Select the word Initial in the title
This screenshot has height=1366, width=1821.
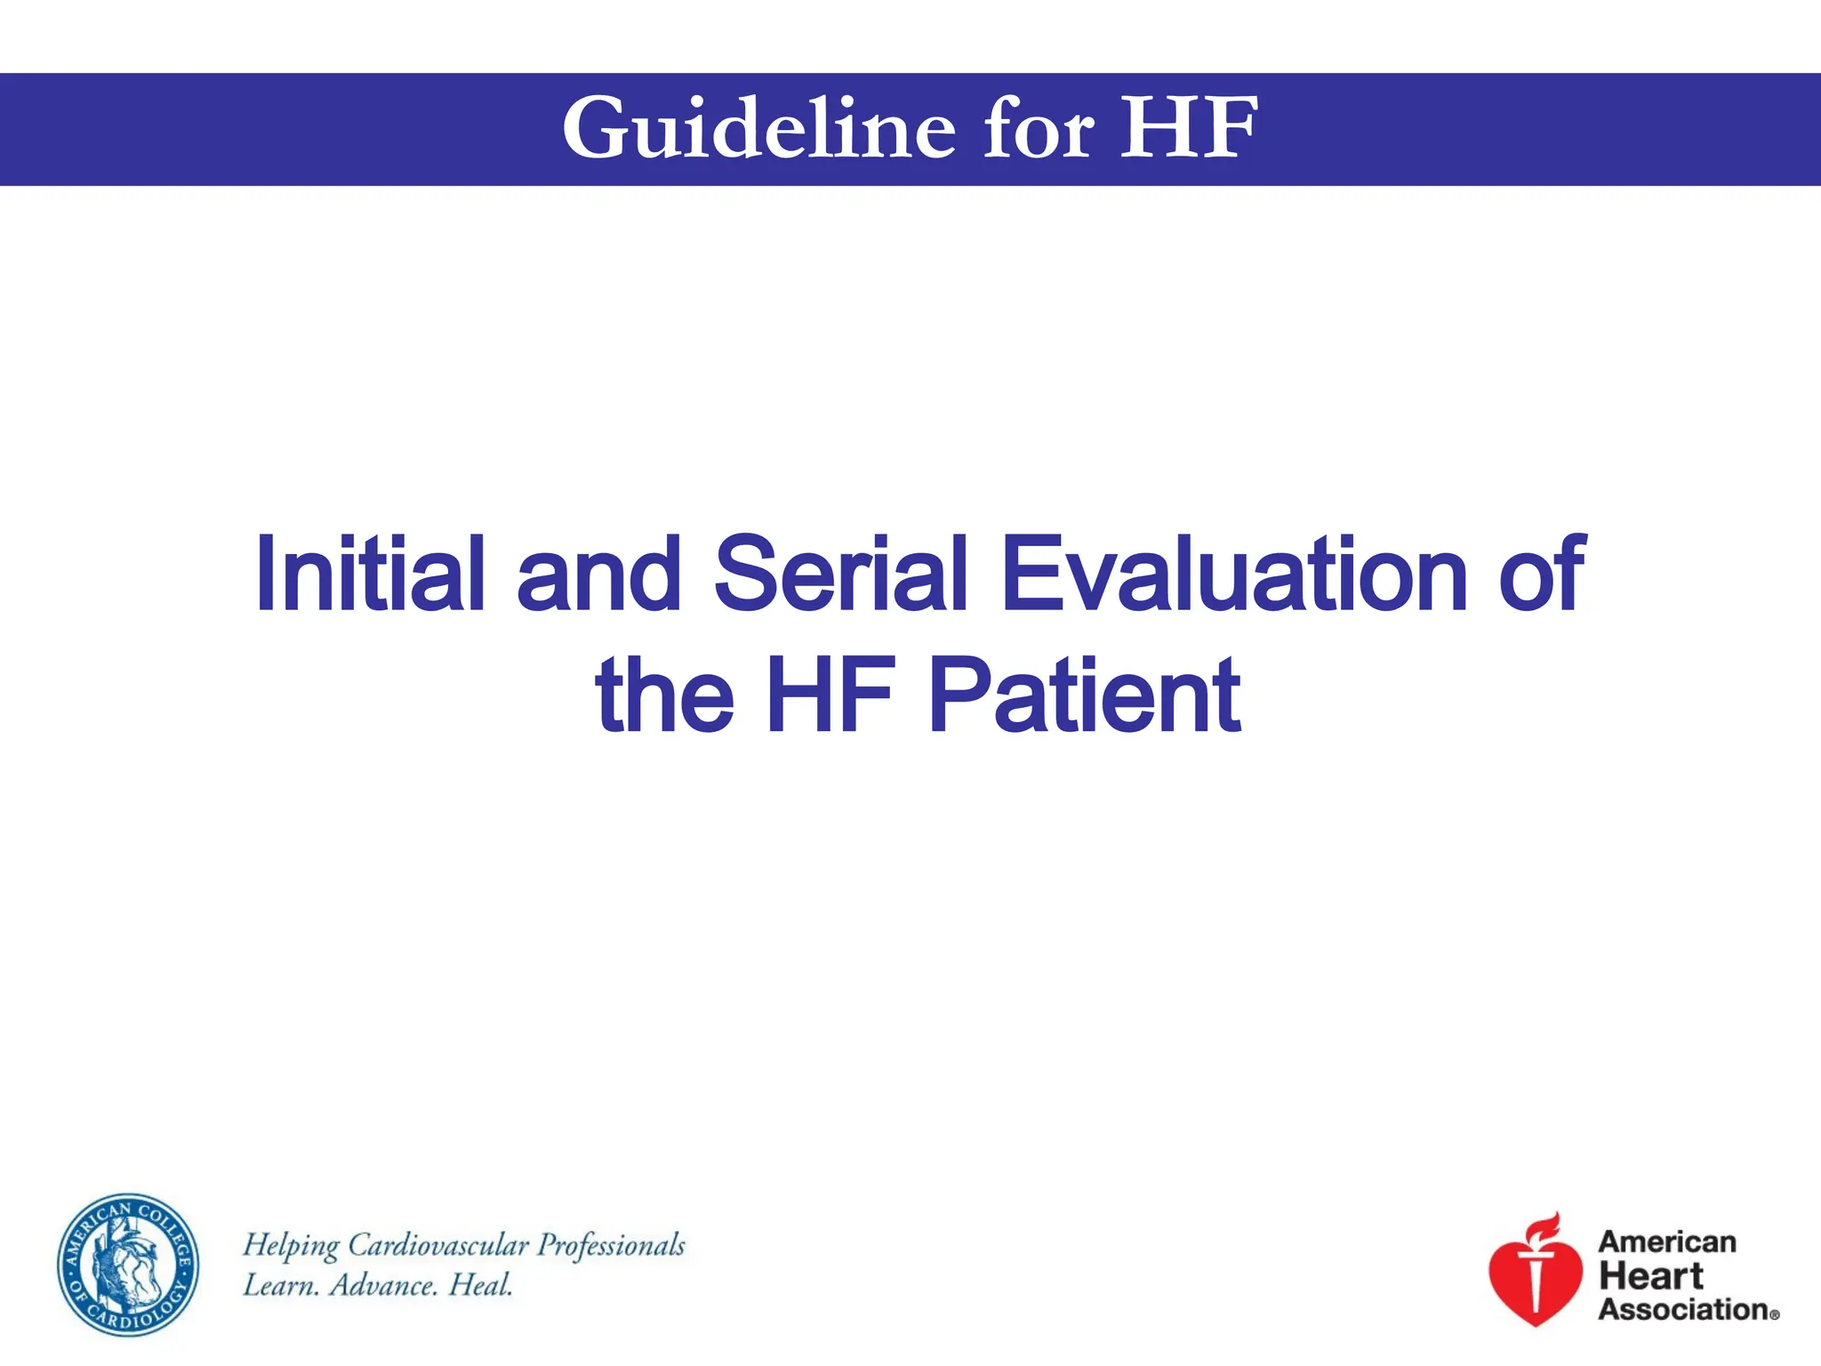(x=370, y=575)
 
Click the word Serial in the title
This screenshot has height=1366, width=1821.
(x=840, y=575)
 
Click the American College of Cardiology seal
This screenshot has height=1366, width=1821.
(x=129, y=1265)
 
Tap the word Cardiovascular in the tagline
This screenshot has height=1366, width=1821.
(x=437, y=1246)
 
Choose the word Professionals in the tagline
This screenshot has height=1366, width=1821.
(x=611, y=1246)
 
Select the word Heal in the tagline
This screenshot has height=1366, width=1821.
(x=481, y=1286)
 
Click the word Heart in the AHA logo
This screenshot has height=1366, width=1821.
(x=1650, y=1276)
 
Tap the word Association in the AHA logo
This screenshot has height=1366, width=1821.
(x=1683, y=1310)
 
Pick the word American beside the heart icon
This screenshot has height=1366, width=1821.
(x=1667, y=1242)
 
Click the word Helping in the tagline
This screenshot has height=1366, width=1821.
(x=292, y=1246)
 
